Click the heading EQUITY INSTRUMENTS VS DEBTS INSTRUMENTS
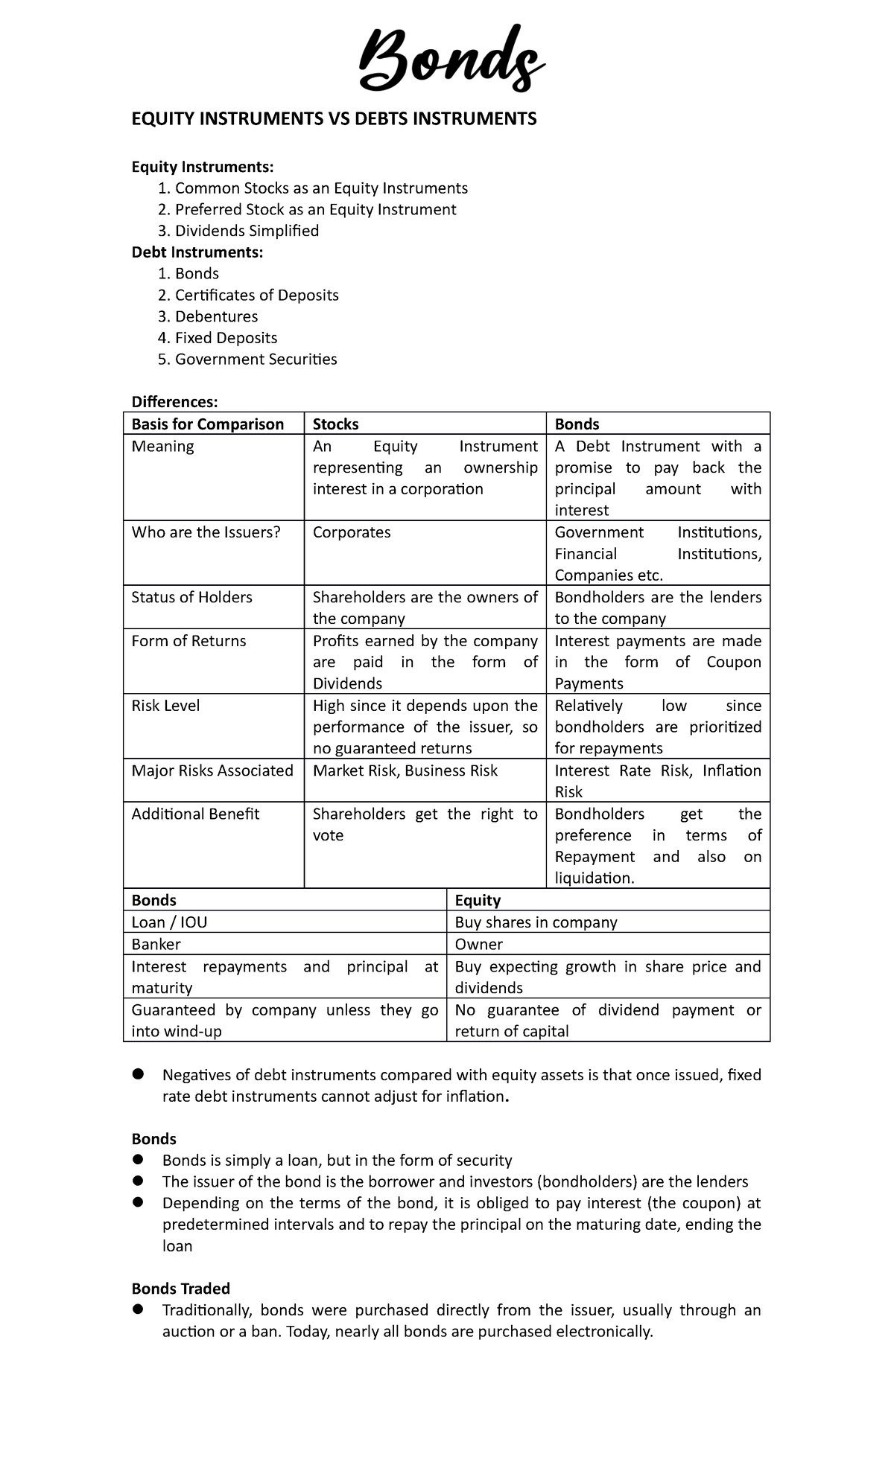click(334, 119)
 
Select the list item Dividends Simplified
click(247, 231)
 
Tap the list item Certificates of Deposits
click(256, 296)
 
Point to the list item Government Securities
click(256, 360)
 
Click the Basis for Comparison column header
click(208, 424)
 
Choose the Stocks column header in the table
click(335, 424)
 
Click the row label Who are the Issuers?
click(206, 532)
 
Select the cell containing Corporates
click(352, 532)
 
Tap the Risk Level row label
click(165, 706)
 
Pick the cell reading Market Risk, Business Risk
click(405, 770)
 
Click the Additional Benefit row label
click(195, 814)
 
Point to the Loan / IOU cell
click(169, 922)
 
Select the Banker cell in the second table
click(156, 944)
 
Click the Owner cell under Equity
click(478, 944)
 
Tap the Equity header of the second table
click(478, 900)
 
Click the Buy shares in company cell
click(536, 922)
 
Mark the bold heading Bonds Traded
click(180, 1289)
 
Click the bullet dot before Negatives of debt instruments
click(138, 1074)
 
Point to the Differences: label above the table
click(174, 402)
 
